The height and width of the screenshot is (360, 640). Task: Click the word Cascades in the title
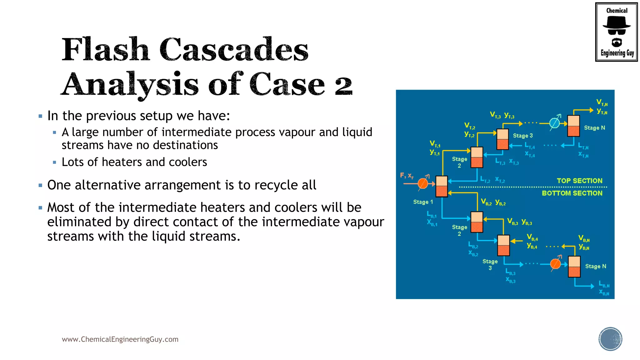tap(234, 50)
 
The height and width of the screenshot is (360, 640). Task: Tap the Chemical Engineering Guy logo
tap(616, 32)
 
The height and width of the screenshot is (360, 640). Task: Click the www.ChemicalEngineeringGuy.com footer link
tap(120, 339)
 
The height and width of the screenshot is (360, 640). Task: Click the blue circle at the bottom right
tap(610, 339)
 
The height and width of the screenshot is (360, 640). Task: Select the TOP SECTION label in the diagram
tap(579, 181)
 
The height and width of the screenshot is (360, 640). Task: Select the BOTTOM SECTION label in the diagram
tap(572, 193)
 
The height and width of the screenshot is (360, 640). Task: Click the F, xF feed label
tap(407, 176)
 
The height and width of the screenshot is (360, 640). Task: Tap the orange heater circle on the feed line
tap(423, 183)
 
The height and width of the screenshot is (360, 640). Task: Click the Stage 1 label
tap(423, 202)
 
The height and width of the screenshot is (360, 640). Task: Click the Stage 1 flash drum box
tap(442, 187)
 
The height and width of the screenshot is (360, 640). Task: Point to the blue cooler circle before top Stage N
tap(554, 123)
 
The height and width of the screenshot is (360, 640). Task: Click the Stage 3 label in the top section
tap(523, 136)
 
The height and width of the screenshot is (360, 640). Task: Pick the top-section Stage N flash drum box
tap(573, 126)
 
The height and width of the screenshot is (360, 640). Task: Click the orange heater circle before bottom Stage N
tap(555, 264)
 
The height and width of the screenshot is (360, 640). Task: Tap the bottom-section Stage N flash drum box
tap(574, 267)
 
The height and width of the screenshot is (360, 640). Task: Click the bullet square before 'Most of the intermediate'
tap(40, 207)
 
